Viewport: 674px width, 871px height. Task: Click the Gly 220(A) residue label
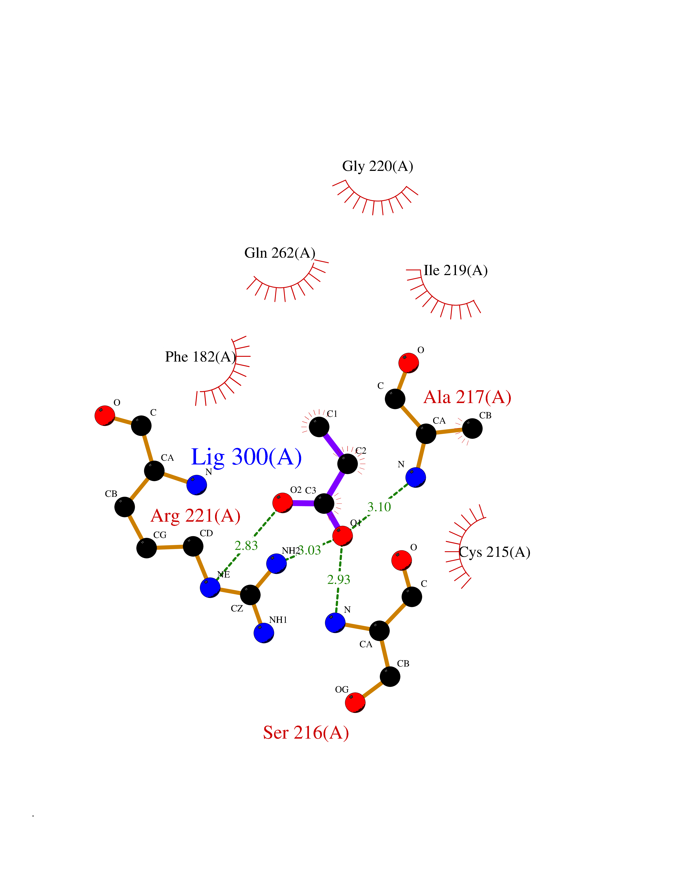(377, 166)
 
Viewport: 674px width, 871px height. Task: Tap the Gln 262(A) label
(279, 253)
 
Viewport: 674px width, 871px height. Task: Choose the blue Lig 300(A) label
(246, 457)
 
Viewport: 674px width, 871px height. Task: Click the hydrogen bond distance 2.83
(246, 546)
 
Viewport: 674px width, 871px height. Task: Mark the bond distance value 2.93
(339, 579)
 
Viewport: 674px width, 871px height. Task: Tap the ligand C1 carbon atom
(319, 427)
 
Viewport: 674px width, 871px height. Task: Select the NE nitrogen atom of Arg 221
(210, 587)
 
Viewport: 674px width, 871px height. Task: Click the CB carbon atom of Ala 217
(472, 428)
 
